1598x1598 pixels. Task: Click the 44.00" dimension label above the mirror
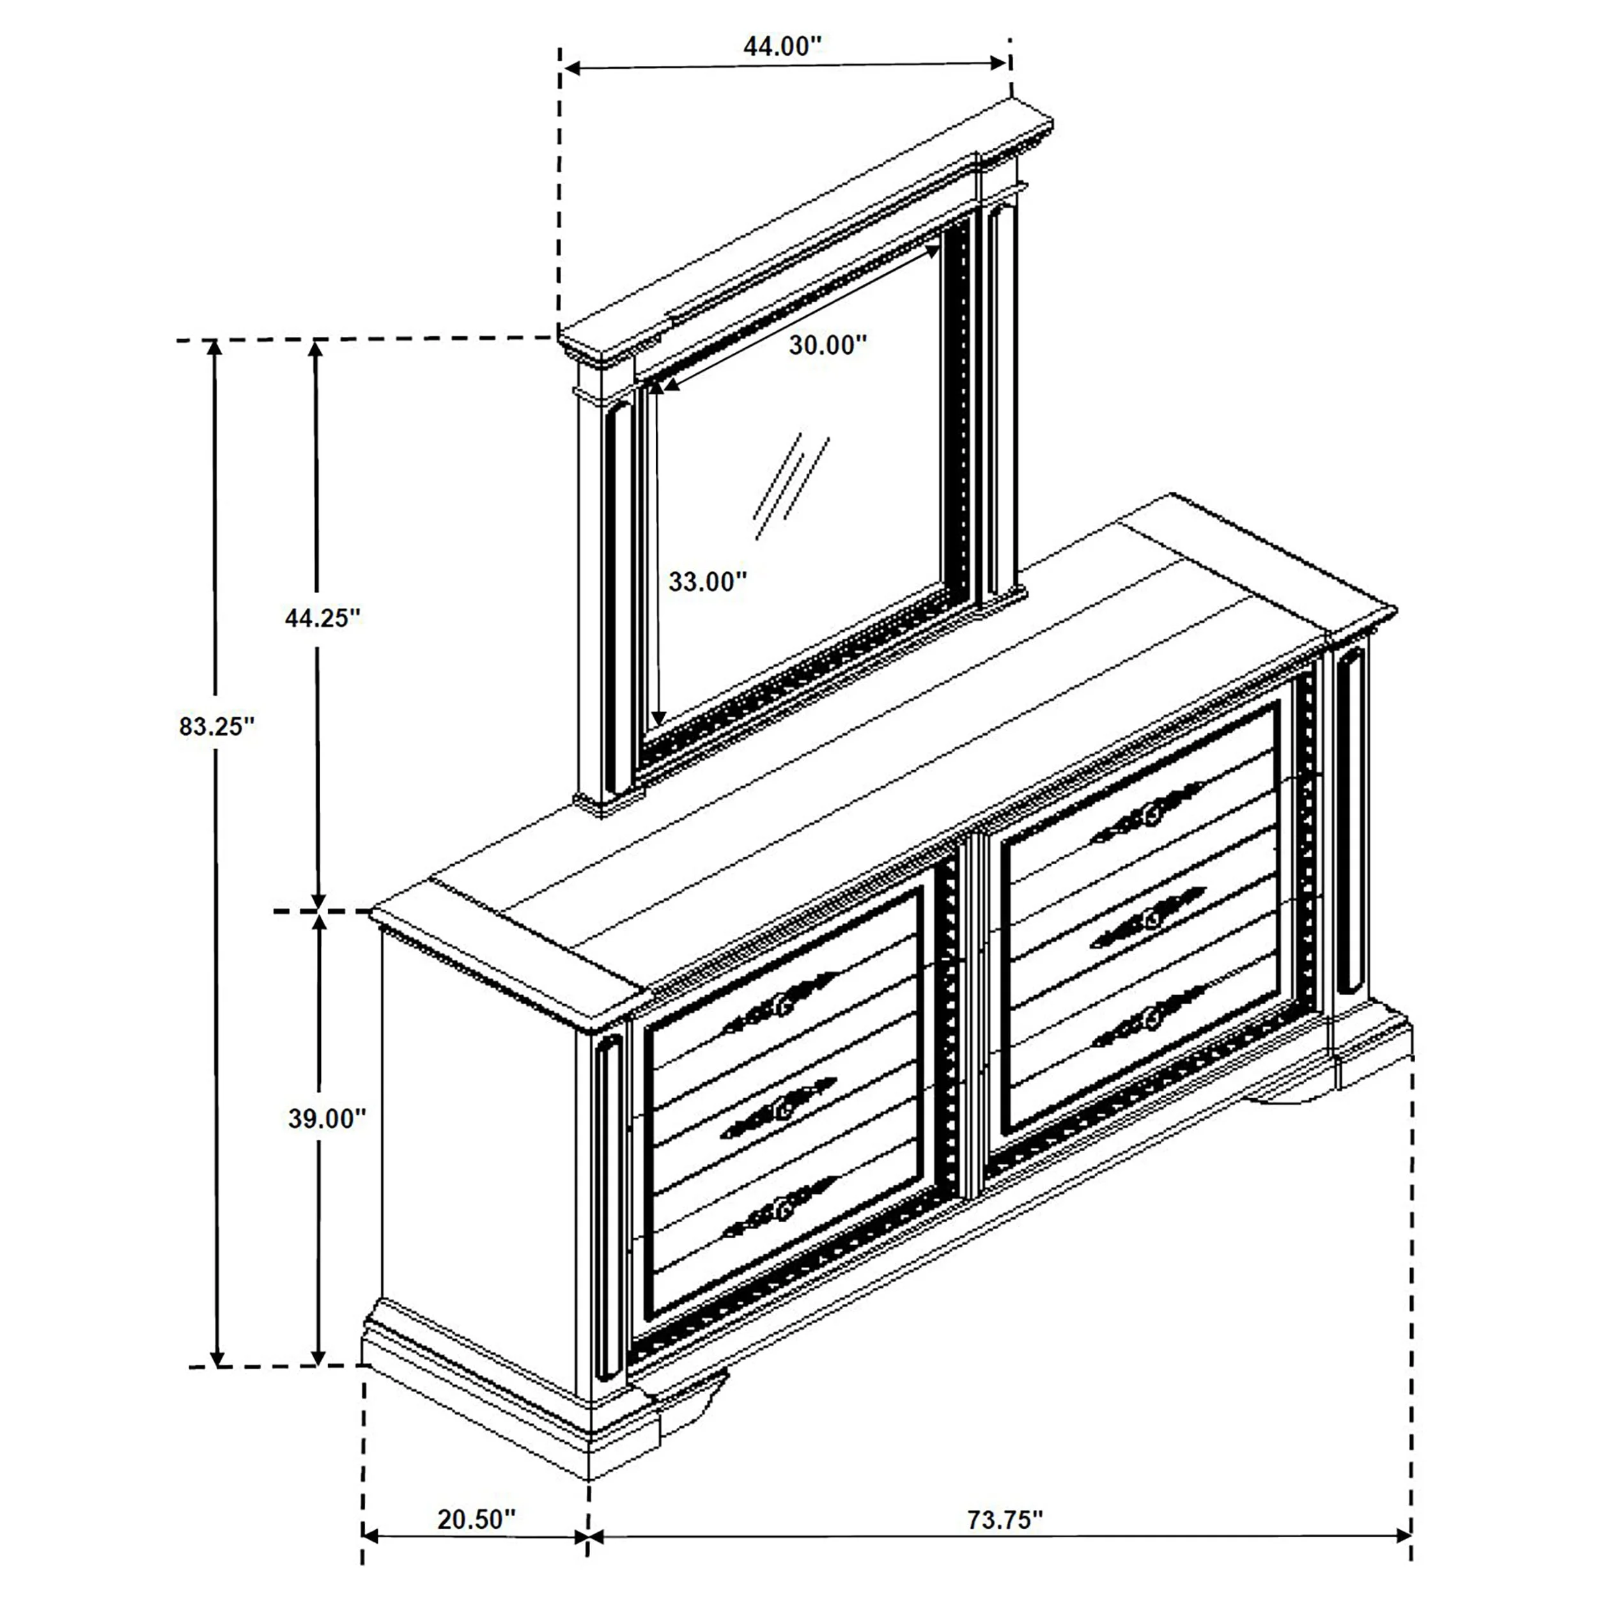pos(782,46)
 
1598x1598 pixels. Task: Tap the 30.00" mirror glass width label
pos(827,345)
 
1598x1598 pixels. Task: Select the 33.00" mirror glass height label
pos(707,582)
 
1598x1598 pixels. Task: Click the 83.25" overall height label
pos(217,726)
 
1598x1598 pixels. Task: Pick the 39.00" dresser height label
pos(327,1118)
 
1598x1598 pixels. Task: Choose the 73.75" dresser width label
pos(1005,1520)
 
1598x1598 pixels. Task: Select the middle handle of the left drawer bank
pos(779,1106)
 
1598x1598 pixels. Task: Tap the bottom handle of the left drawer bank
pos(780,1209)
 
